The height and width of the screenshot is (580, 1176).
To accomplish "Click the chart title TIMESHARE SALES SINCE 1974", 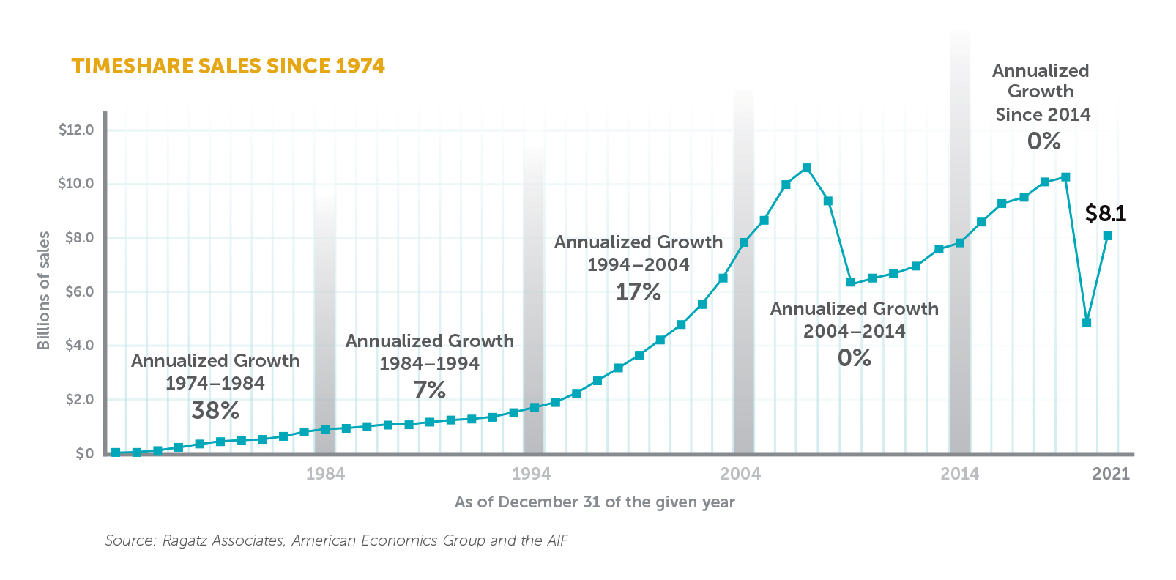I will tap(228, 66).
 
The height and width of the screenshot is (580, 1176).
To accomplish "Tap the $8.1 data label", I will tap(1105, 214).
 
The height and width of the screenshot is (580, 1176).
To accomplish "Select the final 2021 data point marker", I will tap(1107, 236).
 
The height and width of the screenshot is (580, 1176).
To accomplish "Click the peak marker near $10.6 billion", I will tap(806, 168).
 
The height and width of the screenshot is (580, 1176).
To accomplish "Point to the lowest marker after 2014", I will tap(1086, 322).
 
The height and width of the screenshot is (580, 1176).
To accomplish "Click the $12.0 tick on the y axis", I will tap(76, 130).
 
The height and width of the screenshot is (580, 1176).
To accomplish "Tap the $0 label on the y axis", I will tap(85, 453).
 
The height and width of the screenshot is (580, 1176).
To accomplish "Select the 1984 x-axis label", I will tap(325, 474).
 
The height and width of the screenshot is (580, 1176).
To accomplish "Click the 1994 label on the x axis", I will tap(531, 474).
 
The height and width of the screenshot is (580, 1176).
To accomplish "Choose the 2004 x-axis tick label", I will tap(740, 474).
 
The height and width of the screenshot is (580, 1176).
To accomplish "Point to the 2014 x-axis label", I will tap(959, 474).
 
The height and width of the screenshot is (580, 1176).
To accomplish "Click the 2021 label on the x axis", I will tap(1110, 474).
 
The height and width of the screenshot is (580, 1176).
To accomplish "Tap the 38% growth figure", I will tap(215, 411).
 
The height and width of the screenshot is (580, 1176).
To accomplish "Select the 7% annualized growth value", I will tap(429, 390).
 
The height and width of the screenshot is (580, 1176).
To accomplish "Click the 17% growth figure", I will tap(638, 292).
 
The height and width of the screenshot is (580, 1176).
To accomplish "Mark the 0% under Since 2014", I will tap(1043, 141).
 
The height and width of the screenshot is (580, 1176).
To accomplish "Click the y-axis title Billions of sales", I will tap(44, 291).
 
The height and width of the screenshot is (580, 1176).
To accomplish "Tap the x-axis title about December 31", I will tap(594, 502).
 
